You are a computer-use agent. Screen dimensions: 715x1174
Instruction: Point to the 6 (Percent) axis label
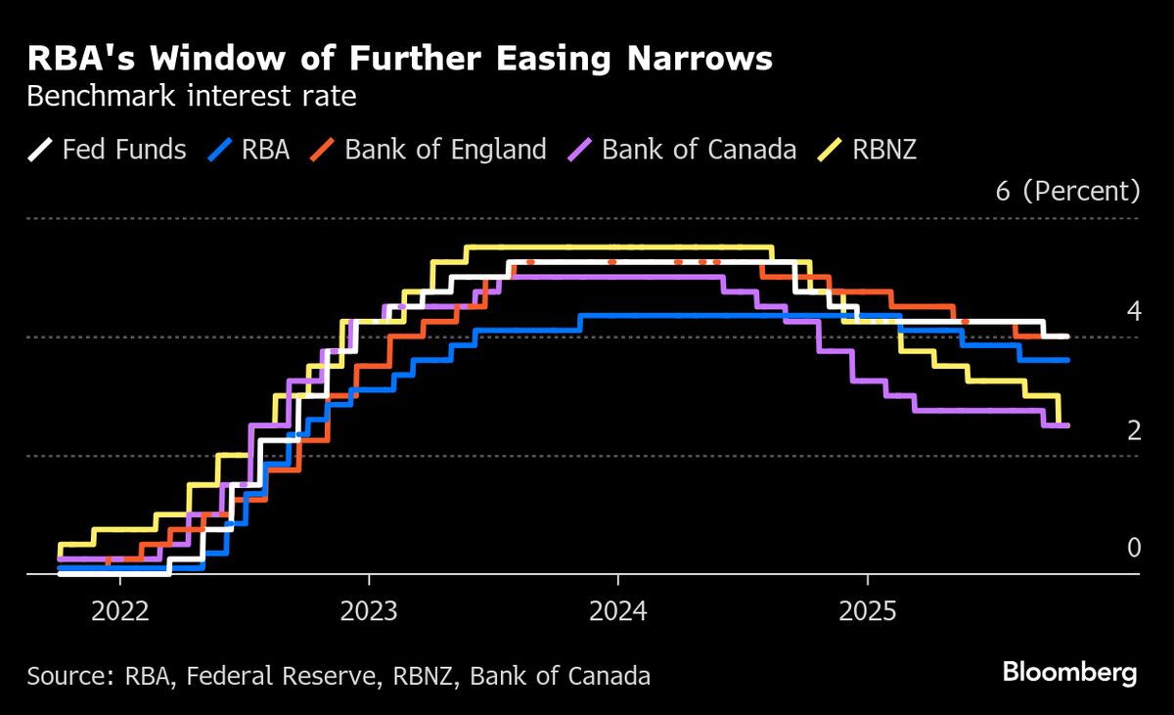point(1067,191)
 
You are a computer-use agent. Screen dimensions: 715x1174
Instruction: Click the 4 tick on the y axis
point(1134,312)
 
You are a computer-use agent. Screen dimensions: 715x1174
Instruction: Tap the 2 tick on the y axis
point(1134,430)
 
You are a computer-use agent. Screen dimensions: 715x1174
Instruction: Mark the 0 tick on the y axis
point(1134,548)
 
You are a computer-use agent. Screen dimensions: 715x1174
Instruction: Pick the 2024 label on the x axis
point(617,611)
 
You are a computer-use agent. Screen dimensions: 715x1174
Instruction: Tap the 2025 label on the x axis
point(868,611)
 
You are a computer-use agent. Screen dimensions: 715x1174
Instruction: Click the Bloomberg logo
point(1069,673)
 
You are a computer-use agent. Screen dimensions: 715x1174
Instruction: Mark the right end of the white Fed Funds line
point(1065,336)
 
